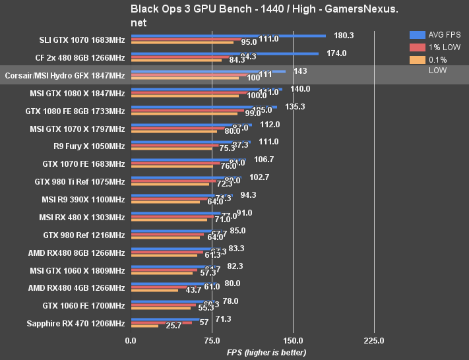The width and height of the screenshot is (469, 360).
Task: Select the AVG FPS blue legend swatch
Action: pyautogui.click(x=417, y=34)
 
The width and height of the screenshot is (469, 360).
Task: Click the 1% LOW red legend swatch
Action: pyautogui.click(x=417, y=47)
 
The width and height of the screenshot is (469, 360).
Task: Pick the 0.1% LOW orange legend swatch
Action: pyautogui.click(x=417, y=60)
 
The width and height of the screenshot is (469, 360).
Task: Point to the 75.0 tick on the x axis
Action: pyautogui.click(x=212, y=341)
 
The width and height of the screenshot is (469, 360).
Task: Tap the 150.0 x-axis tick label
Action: pyautogui.click(x=293, y=341)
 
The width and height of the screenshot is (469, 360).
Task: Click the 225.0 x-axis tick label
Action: pyautogui.click(x=374, y=341)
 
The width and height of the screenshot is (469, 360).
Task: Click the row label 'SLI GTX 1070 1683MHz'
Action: pyautogui.click(x=82, y=40)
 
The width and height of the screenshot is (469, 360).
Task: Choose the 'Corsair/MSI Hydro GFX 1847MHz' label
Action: pyautogui.click(x=65, y=75)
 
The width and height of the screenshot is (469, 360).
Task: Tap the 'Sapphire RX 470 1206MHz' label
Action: pyautogui.click(x=76, y=323)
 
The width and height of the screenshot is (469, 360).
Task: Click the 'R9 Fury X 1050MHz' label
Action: pyautogui.click(x=89, y=146)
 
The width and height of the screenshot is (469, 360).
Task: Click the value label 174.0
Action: pyautogui.click(x=336, y=53)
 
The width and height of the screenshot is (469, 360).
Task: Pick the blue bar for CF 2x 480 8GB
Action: pyautogui.click(x=225, y=53)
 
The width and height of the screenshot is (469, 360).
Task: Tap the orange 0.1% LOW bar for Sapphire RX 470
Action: pyautogui.click(x=145, y=326)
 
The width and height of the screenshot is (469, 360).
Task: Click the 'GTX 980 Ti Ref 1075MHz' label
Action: pyautogui.click(x=79, y=181)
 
